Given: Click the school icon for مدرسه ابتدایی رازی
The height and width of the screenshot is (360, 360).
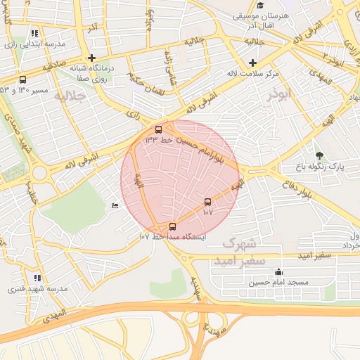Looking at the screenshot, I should tap(35, 33).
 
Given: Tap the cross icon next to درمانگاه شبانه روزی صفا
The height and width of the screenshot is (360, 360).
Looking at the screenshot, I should tap(91, 58).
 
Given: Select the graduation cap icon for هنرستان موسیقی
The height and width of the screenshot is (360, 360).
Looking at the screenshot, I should tap(260, 6).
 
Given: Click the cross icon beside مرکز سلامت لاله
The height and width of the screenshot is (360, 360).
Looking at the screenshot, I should tap(252, 63).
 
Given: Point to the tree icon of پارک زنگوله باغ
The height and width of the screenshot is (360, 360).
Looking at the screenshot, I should tap(320, 155).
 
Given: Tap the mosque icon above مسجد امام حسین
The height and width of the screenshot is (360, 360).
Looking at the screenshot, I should tap(279, 272).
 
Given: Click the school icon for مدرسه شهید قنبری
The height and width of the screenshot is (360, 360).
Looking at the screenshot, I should tap(37, 278).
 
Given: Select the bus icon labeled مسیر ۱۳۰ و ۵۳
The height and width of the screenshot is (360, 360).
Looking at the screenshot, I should tap(23, 79).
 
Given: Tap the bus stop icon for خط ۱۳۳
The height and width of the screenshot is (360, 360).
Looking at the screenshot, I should tap(158, 130).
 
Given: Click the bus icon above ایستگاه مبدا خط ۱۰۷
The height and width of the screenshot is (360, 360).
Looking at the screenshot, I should tap(173, 226).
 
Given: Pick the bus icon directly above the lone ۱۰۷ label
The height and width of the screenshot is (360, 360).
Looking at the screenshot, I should tap(207, 202).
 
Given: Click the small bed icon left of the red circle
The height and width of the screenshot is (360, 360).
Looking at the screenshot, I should tap(115, 205).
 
